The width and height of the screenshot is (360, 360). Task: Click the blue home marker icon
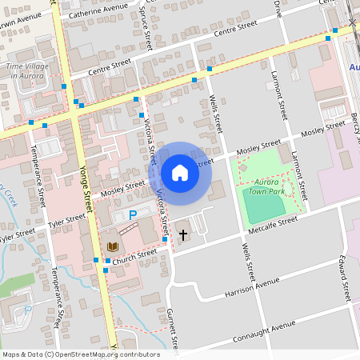click(x=180, y=172)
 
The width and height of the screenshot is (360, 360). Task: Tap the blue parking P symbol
click(x=134, y=215)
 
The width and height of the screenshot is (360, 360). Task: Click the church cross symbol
click(x=183, y=235)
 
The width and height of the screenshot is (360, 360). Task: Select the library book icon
click(x=113, y=246)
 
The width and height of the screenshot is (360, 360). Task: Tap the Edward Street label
click(x=345, y=277)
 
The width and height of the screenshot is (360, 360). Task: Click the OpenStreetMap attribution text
click(x=81, y=354)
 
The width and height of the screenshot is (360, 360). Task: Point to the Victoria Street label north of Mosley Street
click(x=149, y=136)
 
